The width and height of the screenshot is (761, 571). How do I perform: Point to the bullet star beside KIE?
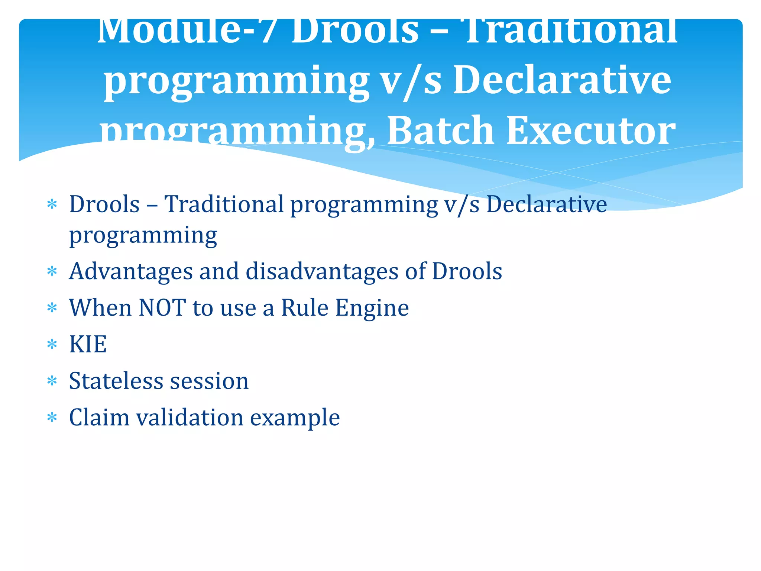(x=52, y=344)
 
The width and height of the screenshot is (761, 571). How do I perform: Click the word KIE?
(x=88, y=344)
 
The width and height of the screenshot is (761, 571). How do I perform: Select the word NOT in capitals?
(x=162, y=308)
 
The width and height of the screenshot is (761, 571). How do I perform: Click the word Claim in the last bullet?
(x=99, y=417)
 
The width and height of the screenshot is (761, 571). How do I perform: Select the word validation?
(x=190, y=417)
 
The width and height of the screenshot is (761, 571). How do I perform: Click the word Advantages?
(x=131, y=271)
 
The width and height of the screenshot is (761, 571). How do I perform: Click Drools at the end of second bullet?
(x=467, y=271)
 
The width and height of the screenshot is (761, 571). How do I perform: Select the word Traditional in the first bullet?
(x=224, y=204)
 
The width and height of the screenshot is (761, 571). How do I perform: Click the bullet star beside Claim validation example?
(x=52, y=417)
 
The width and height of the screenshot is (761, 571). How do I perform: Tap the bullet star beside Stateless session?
(x=52, y=381)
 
